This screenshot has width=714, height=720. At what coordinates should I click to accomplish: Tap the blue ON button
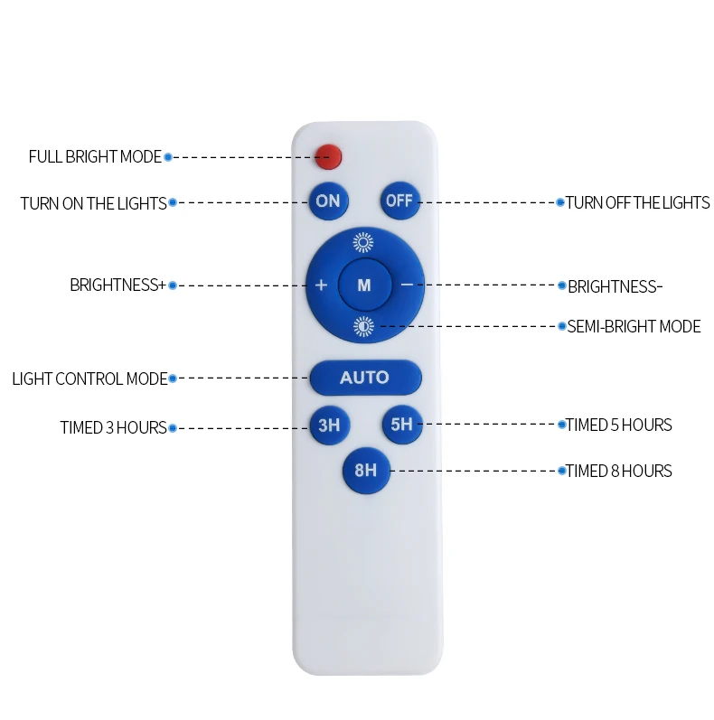pyautogui.click(x=328, y=201)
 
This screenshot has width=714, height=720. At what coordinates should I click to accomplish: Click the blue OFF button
pyautogui.click(x=399, y=201)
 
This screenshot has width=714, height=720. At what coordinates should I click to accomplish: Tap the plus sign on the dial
pyautogui.click(x=321, y=285)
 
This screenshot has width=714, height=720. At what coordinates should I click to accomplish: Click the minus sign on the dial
pyautogui.click(x=407, y=285)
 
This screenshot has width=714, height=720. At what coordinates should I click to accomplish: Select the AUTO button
pyautogui.click(x=364, y=378)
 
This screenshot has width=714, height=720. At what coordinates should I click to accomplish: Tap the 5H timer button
pyautogui.click(x=401, y=425)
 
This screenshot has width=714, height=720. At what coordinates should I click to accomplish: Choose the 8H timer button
pyautogui.click(x=365, y=471)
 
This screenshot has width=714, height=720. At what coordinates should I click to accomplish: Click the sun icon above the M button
pyautogui.click(x=363, y=242)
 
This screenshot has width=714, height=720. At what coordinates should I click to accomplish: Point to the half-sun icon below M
pyautogui.click(x=363, y=326)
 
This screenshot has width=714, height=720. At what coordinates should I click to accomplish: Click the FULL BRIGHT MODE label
pyautogui.click(x=95, y=157)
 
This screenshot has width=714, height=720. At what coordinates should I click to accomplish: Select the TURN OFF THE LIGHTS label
pyautogui.click(x=638, y=203)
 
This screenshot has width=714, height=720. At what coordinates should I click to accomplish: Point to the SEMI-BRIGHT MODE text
pyautogui.click(x=634, y=327)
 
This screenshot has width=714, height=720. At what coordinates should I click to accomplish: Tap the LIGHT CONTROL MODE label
pyautogui.click(x=89, y=379)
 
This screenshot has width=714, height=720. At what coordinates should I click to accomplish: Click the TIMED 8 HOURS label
pyautogui.click(x=619, y=471)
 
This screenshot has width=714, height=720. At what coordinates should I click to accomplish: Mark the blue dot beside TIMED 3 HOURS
pyautogui.click(x=172, y=427)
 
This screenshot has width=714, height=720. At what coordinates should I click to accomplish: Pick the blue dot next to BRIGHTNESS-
pyautogui.click(x=560, y=285)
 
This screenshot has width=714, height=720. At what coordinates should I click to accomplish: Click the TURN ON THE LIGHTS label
pyautogui.click(x=93, y=204)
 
